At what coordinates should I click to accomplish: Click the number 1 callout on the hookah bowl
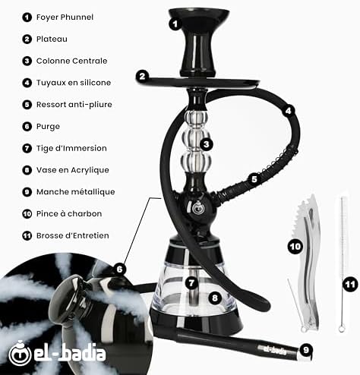pyautogui.click(x=174, y=24)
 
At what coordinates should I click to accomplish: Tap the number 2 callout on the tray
pyautogui.click(x=142, y=76)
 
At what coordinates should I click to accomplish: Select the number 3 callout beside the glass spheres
pyautogui.click(x=206, y=143)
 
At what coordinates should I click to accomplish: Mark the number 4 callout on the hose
pyautogui.click(x=288, y=111)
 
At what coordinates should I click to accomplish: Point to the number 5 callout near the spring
pyautogui.click(x=254, y=179)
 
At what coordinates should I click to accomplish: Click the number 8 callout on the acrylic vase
pyautogui.click(x=216, y=298)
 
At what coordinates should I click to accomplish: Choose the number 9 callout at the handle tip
pyautogui.click(x=305, y=350)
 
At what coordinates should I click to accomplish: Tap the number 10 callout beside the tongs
pyautogui.click(x=295, y=246)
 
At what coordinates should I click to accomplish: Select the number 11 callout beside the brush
pyautogui.click(x=350, y=285)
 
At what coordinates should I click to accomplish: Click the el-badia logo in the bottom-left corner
pyautogui.click(x=57, y=354)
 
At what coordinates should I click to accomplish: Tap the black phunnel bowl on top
pyautogui.click(x=200, y=30)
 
